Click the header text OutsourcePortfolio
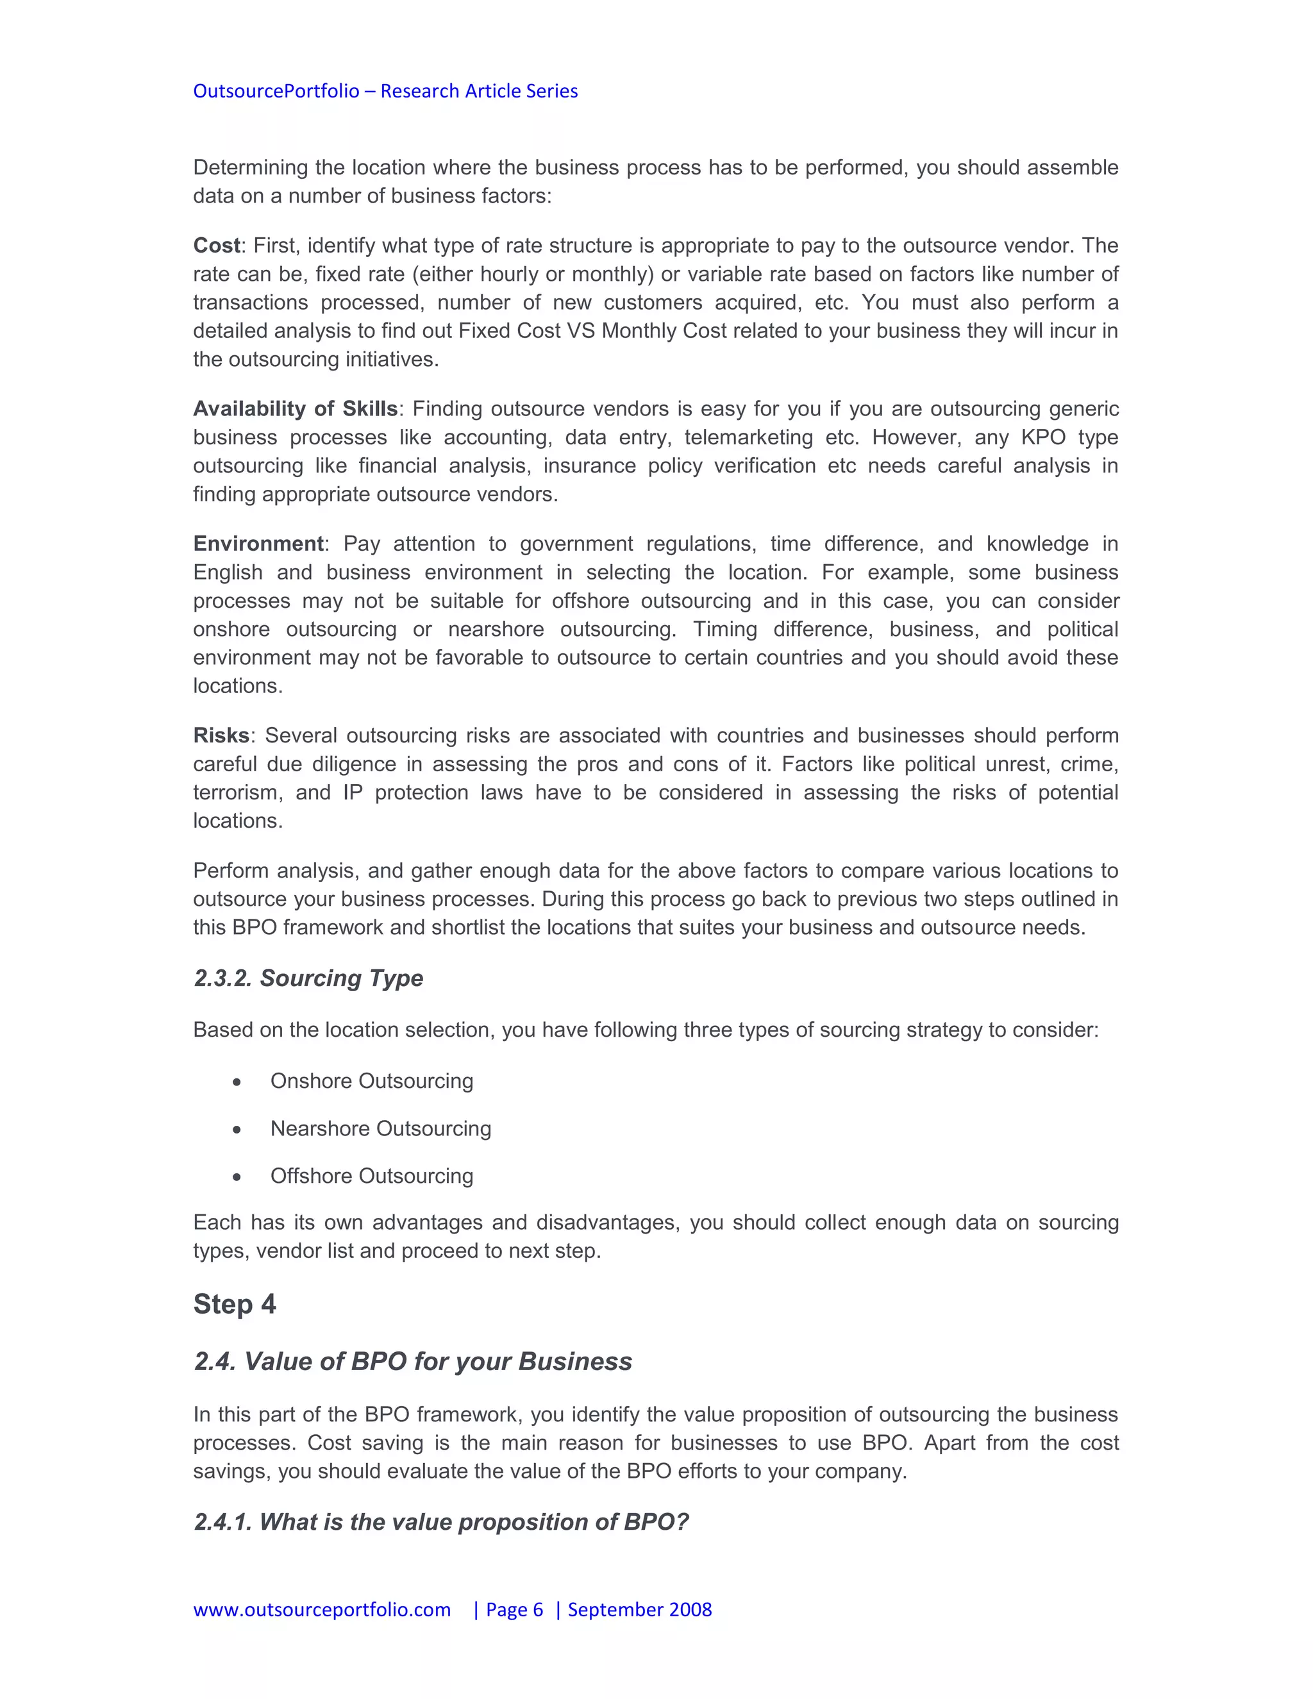276,91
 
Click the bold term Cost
216,246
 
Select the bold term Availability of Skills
296,409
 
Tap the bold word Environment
258,544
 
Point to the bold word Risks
221,736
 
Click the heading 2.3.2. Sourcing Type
308,978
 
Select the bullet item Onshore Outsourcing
372,1082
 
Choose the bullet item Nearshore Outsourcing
380,1129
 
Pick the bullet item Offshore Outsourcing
372,1176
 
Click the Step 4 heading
234,1305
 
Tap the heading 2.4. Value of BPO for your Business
412,1361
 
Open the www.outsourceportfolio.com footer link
322,1609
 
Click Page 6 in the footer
514,1609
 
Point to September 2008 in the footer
639,1609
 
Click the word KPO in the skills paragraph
1042,437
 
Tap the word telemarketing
748,437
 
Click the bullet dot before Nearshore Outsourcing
237,1130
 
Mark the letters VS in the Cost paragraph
580,331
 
